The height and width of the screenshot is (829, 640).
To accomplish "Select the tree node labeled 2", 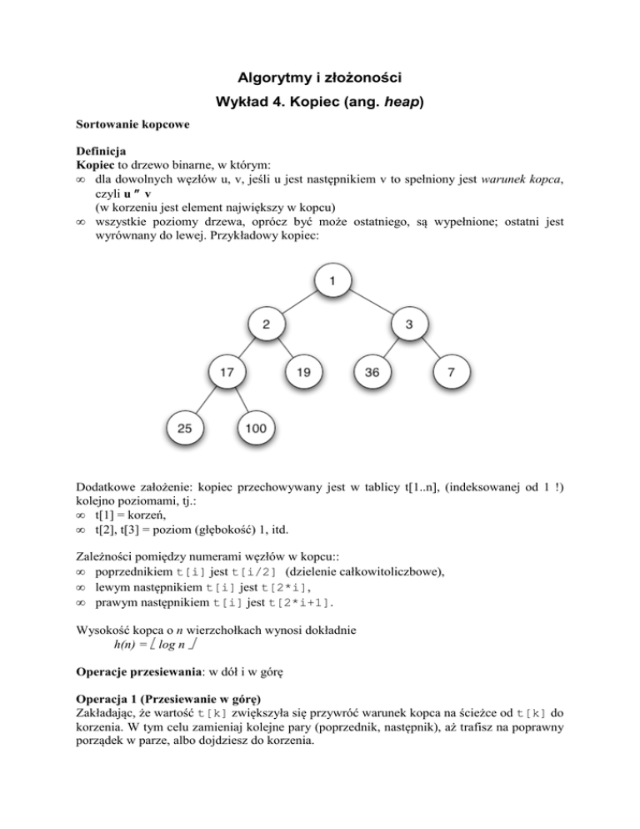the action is click(x=266, y=326).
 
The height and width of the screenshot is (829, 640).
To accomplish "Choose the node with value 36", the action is click(x=372, y=374).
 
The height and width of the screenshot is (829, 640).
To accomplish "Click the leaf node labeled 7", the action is click(x=450, y=374).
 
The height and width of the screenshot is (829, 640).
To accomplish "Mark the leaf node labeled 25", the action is click(x=185, y=428).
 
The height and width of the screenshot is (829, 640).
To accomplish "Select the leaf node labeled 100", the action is click(x=256, y=428).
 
